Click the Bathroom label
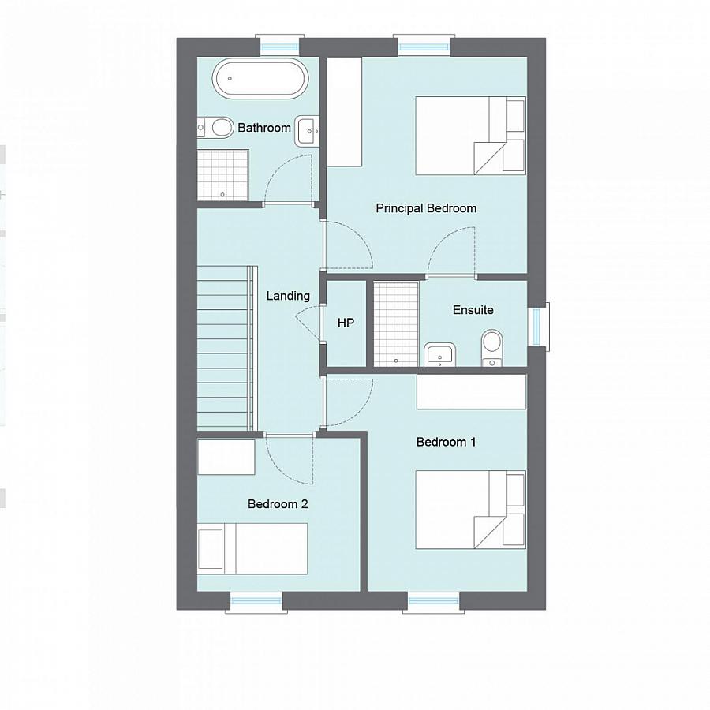264,127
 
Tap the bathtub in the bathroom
258,78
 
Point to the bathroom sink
306,131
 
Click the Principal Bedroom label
426,208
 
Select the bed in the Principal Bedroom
469,135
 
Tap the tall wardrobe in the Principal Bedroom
344,111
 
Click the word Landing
288,296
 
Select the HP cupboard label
346,323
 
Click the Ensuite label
473,310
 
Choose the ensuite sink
439,354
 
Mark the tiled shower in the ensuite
395,323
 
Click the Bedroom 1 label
446,442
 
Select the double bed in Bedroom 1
469,510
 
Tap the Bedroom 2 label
278,504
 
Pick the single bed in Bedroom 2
252,548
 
